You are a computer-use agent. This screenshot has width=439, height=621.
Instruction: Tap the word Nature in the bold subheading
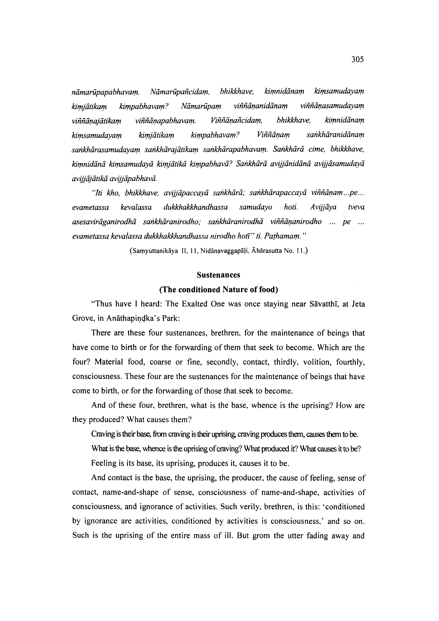[237, 290]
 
